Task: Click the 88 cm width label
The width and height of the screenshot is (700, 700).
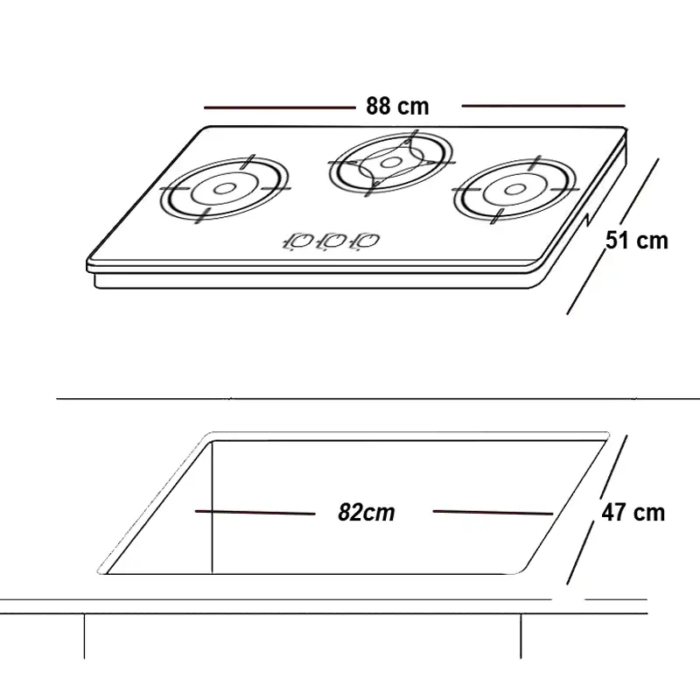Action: click(397, 106)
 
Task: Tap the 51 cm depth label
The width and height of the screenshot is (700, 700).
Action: click(637, 241)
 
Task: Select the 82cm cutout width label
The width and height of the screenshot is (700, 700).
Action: click(366, 512)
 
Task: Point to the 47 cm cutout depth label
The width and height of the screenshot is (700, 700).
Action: click(633, 513)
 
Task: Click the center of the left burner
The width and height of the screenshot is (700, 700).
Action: click(223, 189)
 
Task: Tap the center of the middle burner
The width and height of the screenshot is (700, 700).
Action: click(391, 163)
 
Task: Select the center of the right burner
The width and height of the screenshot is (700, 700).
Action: click(514, 190)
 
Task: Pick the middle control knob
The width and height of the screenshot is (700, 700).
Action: click(331, 241)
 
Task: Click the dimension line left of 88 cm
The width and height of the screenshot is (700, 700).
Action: click(279, 108)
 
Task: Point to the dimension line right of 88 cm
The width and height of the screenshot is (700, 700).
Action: click(543, 106)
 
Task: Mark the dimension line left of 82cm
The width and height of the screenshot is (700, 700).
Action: click(255, 513)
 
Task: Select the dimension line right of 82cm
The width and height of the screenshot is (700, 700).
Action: click(493, 513)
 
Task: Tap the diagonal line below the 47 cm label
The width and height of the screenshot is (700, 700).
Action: click(580, 554)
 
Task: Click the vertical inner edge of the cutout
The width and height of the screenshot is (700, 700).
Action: click(212, 507)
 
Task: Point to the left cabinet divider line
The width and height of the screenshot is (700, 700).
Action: click(84, 636)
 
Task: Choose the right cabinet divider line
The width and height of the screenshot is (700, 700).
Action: click(521, 636)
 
